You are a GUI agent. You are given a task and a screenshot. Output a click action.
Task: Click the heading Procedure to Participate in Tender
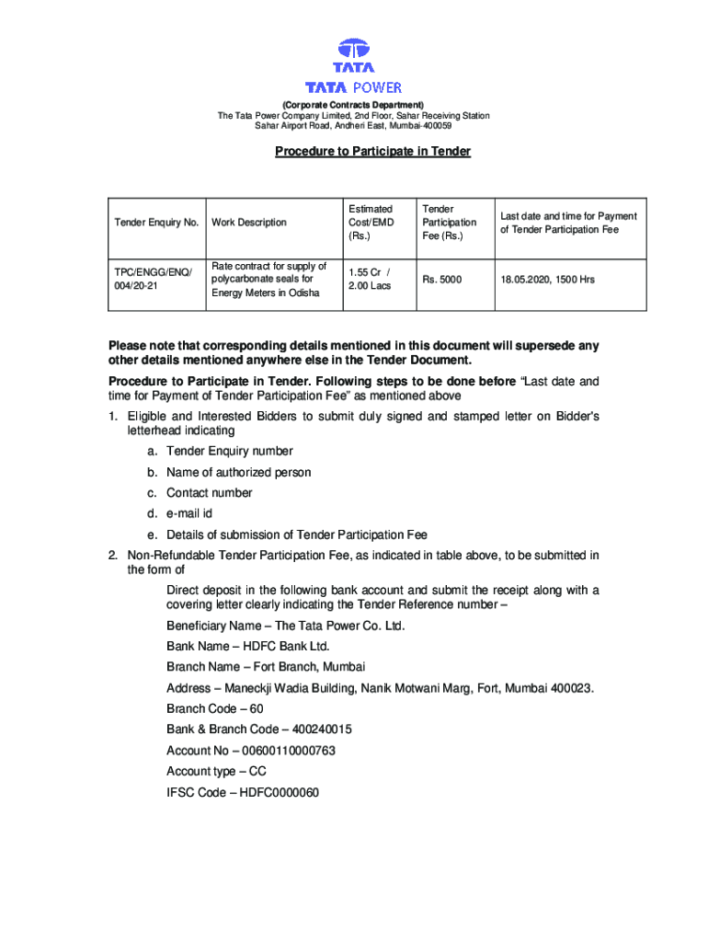pyautogui.click(x=372, y=151)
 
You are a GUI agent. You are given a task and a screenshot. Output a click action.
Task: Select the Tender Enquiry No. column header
pyautogui.click(x=156, y=223)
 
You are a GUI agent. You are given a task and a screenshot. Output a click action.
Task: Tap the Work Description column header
pyautogui.click(x=248, y=223)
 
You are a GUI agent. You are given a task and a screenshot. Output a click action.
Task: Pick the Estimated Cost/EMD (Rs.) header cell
pyautogui.click(x=371, y=223)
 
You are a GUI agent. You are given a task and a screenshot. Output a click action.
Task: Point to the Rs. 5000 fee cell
pyautogui.click(x=442, y=279)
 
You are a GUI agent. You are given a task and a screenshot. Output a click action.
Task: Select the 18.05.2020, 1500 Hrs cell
pyautogui.click(x=548, y=279)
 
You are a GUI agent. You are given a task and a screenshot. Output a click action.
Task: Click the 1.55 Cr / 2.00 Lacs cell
pyautogui.click(x=370, y=279)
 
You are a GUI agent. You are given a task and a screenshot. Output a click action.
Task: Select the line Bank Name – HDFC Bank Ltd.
pyautogui.click(x=248, y=647)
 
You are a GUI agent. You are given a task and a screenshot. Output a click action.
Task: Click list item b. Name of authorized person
pyautogui.click(x=238, y=472)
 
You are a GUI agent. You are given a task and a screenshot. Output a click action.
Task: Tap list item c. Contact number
pyautogui.click(x=209, y=493)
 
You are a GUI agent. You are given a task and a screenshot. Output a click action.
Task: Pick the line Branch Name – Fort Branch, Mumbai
pyautogui.click(x=266, y=667)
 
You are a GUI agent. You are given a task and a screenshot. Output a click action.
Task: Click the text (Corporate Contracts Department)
pyautogui.click(x=353, y=105)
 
